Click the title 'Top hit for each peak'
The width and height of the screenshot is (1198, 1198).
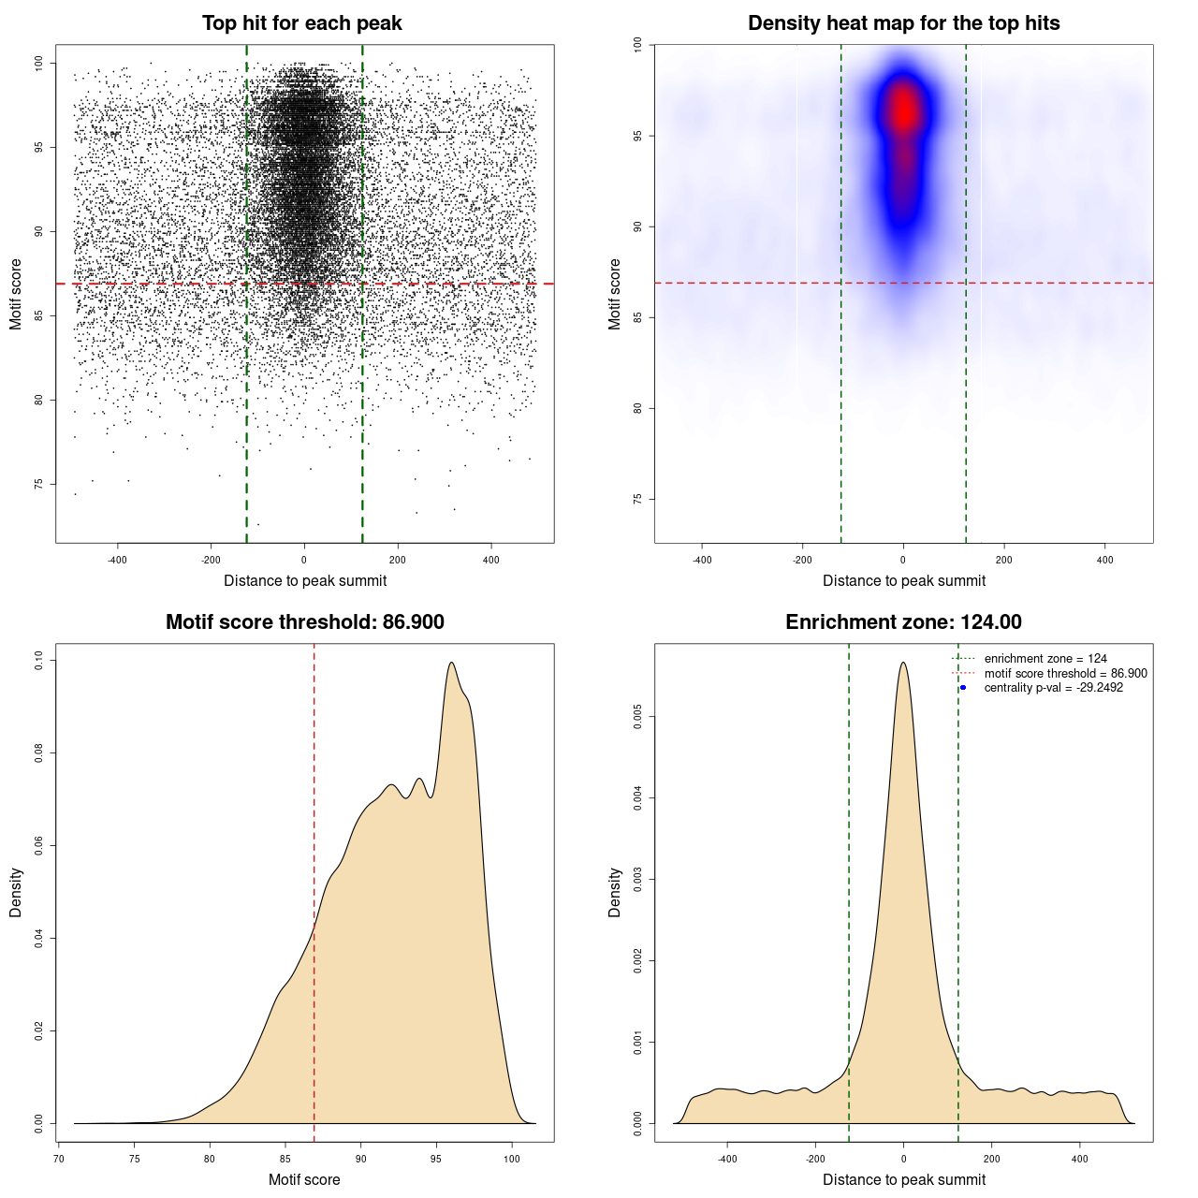[x=301, y=23]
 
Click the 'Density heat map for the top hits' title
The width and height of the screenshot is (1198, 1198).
[x=903, y=23]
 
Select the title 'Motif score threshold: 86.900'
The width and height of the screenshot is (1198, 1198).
[x=304, y=622]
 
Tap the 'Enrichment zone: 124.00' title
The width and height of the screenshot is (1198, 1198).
[x=903, y=622]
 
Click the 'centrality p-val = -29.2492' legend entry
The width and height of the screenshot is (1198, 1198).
[x=1053, y=688]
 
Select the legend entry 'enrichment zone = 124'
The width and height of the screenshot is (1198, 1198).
[x=1045, y=659]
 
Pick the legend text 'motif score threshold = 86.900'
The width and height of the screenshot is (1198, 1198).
[x=1065, y=674]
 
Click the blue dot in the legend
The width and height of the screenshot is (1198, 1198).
[x=963, y=688]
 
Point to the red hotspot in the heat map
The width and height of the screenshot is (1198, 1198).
[x=903, y=110]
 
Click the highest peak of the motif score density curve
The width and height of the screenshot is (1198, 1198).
[x=451, y=663]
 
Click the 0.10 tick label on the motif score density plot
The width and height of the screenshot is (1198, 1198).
[x=38, y=661]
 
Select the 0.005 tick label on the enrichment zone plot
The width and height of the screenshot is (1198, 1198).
[x=637, y=718]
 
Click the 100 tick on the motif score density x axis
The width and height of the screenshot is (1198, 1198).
[x=511, y=1159]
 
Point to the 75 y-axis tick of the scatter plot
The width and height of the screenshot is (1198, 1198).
[x=38, y=484]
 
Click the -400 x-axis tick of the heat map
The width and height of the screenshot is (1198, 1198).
[x=701, y=560]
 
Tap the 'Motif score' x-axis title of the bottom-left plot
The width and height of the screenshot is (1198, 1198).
[x=304, y=1179]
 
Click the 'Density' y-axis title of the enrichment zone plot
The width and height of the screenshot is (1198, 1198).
[x=615, y=892]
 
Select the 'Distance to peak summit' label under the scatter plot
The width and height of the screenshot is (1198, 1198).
[x=305, y=580]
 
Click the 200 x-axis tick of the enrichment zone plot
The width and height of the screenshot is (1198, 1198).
[x=991, y=1159]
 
